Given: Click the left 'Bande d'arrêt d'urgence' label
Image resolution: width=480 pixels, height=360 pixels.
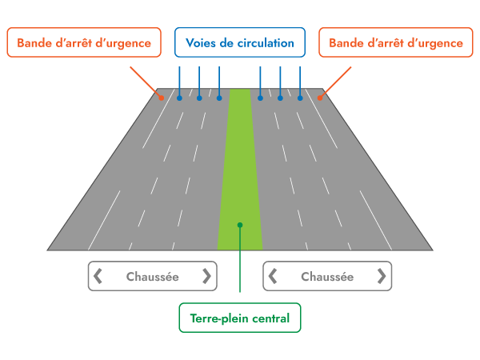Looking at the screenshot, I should tap(84, 43).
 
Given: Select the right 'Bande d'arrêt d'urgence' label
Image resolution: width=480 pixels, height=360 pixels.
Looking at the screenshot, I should tap(395, 43).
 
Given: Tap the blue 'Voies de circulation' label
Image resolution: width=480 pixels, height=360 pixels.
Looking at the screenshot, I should tap(240, 43).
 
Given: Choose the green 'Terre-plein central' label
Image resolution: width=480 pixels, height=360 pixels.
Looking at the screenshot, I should tap(240, 318).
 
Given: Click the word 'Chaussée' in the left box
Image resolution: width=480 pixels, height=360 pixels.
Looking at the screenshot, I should tap(152, 277).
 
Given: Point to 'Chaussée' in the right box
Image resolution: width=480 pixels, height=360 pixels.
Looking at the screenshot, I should tap(327, 277).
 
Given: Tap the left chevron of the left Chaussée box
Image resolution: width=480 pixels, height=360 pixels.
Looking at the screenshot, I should tap(98, 276).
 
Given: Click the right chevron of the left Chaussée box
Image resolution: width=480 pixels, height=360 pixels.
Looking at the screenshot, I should tap(206, 276).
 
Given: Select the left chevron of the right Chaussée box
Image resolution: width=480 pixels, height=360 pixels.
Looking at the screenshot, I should tap(273, 276).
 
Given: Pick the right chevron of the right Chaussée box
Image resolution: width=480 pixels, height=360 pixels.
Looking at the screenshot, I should tap(382, 276).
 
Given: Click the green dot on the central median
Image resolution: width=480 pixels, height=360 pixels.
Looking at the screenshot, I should tap(240, 225).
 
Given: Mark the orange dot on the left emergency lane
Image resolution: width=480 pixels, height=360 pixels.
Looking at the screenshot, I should tap(161, 98).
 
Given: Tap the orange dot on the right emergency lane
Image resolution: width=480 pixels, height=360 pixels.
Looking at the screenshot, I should tap(319, 98).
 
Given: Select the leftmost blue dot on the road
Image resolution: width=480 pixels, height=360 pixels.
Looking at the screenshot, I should tap(179, 98).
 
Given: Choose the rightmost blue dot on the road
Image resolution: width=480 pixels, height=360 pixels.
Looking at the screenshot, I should tap(300, 98).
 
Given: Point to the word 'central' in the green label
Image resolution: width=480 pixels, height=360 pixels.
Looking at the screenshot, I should tap(270, 318).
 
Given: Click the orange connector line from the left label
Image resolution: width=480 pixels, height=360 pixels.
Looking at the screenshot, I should tap(145, 82).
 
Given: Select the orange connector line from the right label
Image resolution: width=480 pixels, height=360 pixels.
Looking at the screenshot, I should tap(336, 82).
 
